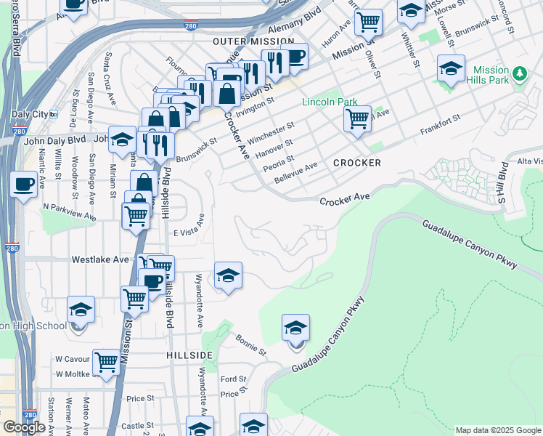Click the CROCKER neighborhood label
click(357, 163)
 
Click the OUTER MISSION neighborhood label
click(253, 42)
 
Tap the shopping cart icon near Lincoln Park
click(357, 118)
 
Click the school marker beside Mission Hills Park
click(451, 69)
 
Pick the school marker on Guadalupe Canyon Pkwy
click(295, 329)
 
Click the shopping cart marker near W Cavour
click(107, 361)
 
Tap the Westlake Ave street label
click(100, 259)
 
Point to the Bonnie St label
click(251, 344)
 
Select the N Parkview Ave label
click(69, 211)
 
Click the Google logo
click(24, 427)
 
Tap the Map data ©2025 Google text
click(497, 430)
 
